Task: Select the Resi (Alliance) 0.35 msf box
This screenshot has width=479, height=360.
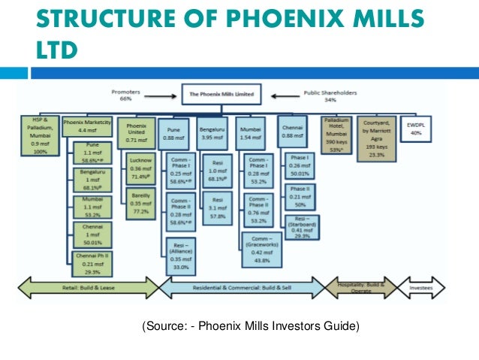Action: coord(180,255)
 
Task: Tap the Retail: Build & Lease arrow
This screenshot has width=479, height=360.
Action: coord(87,288)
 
